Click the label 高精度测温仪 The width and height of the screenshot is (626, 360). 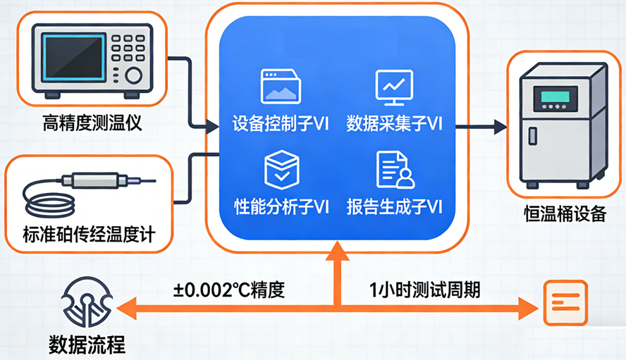pyautogui.click(x=92, y=125)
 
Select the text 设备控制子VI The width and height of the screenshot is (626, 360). pyautogui.click(x=281, y=125)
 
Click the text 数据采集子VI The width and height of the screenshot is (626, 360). pyautogui.click(x=394, y=125)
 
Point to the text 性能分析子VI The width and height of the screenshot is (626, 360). pyautogui.click(x=281, y=206)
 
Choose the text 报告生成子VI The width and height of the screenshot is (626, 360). pyautogui.click(x=394, y=206)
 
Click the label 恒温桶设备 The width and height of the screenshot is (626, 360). pyautogui.click(x=565, y=214)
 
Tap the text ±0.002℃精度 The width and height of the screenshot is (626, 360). pyautogui.click(x=229, y=290)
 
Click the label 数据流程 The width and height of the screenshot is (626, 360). pyautogui.click(x=87, y=345)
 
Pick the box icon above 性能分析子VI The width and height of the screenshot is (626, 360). pyautogui.click(x=281, y=170)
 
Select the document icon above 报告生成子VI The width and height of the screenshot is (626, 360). pyautogui.click(x=394, y=170)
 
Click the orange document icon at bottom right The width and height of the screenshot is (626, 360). pyautogui.click(x=565, y=303)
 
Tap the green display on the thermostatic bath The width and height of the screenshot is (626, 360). pyautogui.click(x=553, y=98)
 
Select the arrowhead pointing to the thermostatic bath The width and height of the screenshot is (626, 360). pyautogui.click(x=500, y=127)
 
